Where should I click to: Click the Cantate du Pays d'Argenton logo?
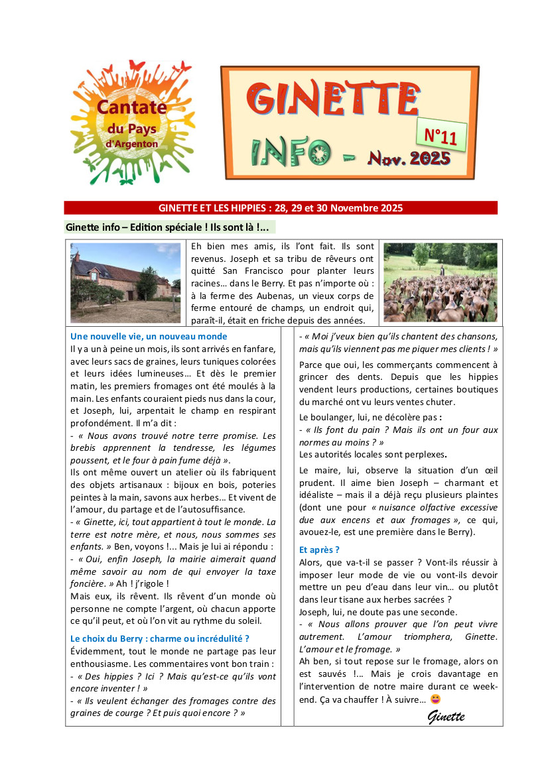point(133,123)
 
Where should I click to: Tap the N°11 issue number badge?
point(441,137)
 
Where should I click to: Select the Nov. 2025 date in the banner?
point(409,158)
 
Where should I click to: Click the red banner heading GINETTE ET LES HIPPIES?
point(281,208)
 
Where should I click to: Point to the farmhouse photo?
point(125,283)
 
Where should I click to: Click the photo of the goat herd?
point(440,283)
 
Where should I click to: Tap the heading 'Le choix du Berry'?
point(159,638)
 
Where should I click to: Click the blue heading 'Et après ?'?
point(319,550)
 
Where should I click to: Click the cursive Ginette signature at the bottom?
point(446,716)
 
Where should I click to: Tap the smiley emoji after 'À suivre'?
point(436,699)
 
